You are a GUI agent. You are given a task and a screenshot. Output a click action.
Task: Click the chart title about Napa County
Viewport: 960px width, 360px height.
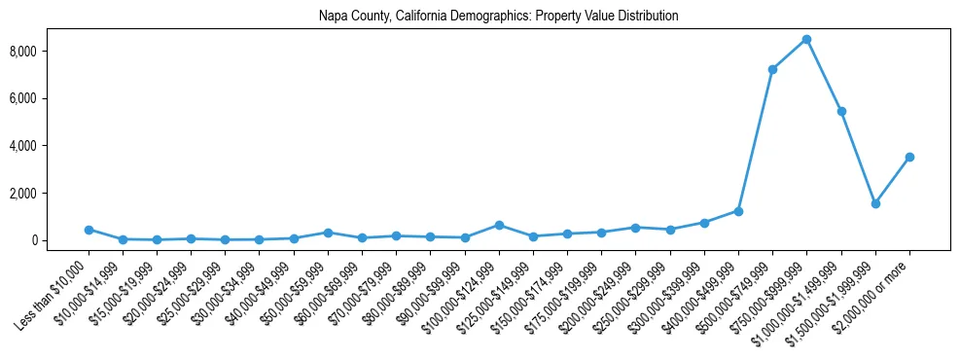[x=498, y=17]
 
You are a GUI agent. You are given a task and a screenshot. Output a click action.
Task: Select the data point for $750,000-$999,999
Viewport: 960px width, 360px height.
[x=806, y=40]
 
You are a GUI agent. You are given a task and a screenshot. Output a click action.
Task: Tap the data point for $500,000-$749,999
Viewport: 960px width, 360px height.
[x=772, y=70]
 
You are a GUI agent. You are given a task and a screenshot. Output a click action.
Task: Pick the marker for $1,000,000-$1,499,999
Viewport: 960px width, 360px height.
[x=841, y=112]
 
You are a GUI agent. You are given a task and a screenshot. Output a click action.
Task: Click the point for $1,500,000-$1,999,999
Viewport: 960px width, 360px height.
[x=875, y=203]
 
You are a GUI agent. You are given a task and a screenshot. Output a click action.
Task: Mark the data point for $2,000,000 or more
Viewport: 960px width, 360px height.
[x=909, y=157]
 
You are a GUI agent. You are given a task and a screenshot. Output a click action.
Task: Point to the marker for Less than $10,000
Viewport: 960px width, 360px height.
[x=89, y=230]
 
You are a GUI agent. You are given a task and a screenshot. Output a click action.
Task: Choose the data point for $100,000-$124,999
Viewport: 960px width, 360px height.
[x=499, y=225]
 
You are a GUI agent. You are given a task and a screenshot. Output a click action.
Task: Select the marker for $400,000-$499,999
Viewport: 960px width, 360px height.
[x=738, y=211]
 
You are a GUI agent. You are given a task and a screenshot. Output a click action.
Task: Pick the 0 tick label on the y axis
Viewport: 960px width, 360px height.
[x=60, y=240]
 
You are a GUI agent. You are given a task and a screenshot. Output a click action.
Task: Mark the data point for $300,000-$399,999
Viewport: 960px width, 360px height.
[x=704, y=223]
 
